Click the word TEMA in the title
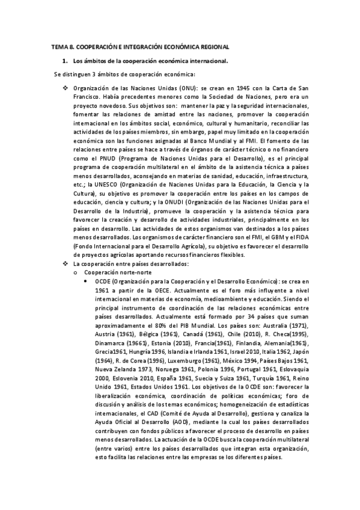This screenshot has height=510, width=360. tap(59, 46)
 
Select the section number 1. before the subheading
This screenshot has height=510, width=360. tap(65, 61)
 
